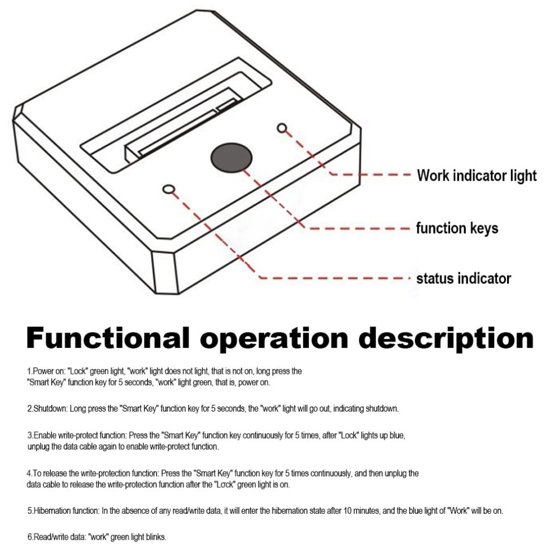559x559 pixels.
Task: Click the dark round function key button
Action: pos(232,158)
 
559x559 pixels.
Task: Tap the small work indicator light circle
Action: pos(282,128)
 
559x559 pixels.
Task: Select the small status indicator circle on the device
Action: pos(169,189)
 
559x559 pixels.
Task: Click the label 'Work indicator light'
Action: pos(477,176)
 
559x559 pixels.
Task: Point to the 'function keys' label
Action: pos(457,228)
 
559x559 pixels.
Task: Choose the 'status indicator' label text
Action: pos(464,278)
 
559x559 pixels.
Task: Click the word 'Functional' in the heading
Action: pos(108,338)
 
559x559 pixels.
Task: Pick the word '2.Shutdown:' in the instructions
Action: pos(47,409)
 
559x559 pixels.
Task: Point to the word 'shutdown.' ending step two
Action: pos(382,409)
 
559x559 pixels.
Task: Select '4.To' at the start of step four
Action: pos(34,473)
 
